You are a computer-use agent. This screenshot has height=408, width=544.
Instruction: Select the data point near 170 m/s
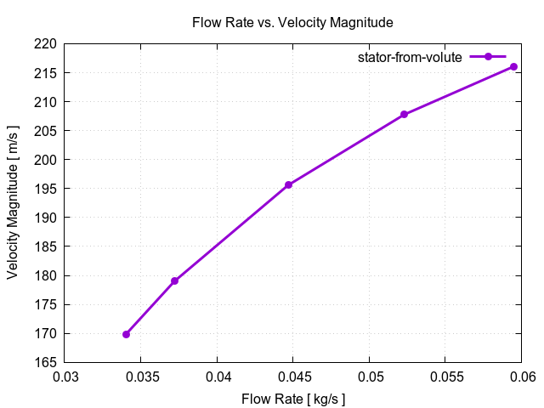point(127,334)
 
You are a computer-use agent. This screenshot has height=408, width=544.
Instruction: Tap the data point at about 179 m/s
point(174,280)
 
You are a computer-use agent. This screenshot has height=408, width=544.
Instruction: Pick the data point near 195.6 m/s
point(289,184)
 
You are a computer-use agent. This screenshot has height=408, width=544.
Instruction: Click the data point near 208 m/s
point(404,114)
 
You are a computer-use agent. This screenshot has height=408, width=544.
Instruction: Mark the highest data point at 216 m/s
point(513,66)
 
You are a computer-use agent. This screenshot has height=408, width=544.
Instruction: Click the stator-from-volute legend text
point(409,57)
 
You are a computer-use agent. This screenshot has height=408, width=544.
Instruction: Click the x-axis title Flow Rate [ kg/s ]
point(294,398)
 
